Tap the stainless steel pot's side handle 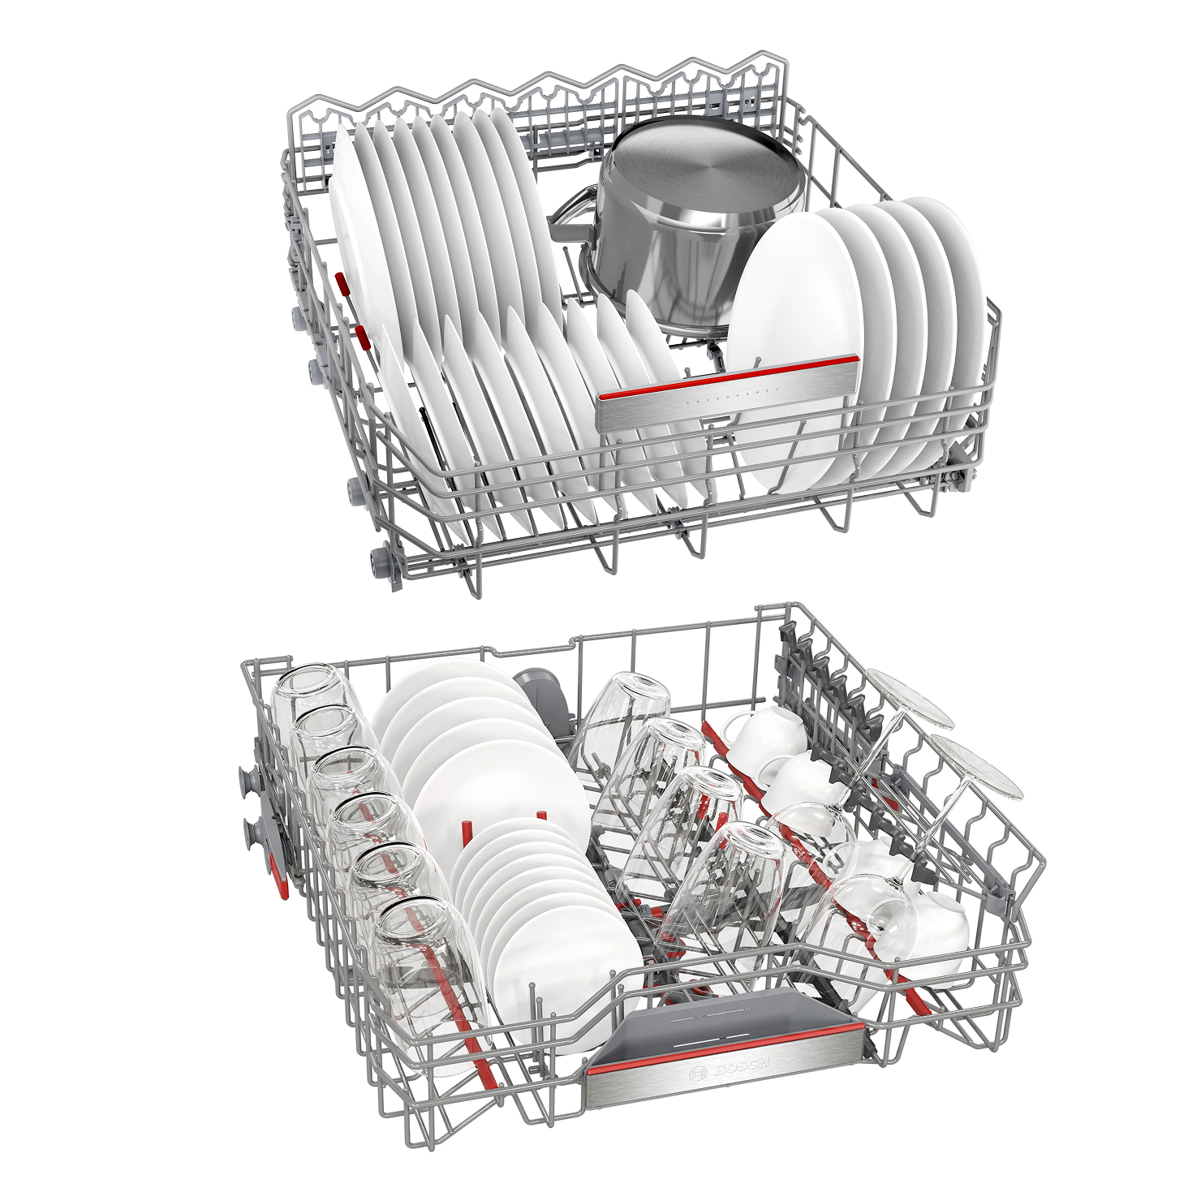571,213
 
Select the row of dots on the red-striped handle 730,396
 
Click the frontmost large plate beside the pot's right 791,349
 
